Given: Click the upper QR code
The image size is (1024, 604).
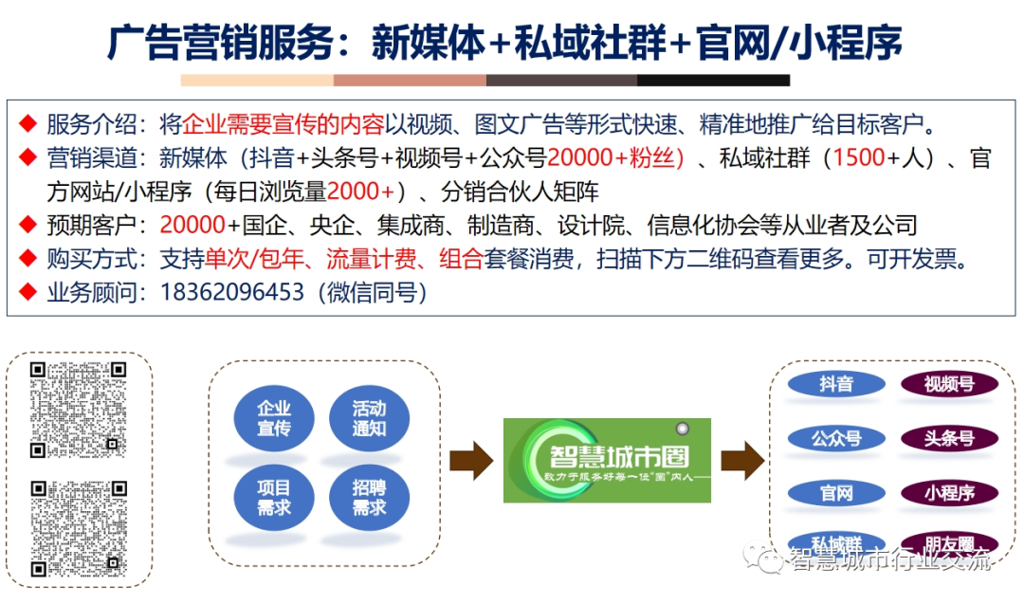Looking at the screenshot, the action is pyautogui.click(x=78, y=409).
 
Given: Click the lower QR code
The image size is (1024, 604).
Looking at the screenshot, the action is pyautogui.click(x=78, y=527).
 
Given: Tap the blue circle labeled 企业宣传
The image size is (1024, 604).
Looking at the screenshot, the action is pyautogui.click(x=274, y=418).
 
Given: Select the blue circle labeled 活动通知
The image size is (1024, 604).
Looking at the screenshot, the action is pyautogui.click(x=369, y=418).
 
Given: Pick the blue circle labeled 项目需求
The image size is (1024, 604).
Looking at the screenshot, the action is pyautogui.click(x=274, y=497).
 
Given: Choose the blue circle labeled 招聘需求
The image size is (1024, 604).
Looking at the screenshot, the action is pyautogui.click(x=369, y=497).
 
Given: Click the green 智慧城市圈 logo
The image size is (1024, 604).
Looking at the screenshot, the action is pyautogui.click(x=607, y=459).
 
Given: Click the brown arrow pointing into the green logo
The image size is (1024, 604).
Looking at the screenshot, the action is pyautogui.click(x=470, y=460).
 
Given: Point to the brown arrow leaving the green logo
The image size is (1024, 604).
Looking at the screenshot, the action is pyautogui.click(x=742, y=460).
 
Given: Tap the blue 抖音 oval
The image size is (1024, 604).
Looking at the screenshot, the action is pyautogui.click(x=836, y=384).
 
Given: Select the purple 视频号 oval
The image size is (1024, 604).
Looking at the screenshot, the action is pyautogui.click(x=949, y=384).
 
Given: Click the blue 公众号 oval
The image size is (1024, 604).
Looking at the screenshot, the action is pyautogui.click(x=836, y=438).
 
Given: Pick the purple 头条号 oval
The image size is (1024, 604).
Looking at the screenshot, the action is pyautogui.click(x=949, y=438).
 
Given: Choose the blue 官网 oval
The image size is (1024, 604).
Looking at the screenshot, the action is pyautogui.click(x=836, y=493).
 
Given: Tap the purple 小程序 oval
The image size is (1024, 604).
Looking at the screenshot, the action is pyautogui.click(x=949, y=493).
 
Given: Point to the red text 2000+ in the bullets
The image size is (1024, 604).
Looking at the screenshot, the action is pyautogui.click(x=360, y=192).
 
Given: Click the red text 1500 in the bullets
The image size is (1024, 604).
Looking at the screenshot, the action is pyautogui.click(x=859, y=158).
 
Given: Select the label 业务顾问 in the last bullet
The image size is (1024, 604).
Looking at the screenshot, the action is pyautogui.click(x=90, y=292).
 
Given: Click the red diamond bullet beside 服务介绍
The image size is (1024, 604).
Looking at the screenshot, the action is pyautogui.click(x=28, y=123).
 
